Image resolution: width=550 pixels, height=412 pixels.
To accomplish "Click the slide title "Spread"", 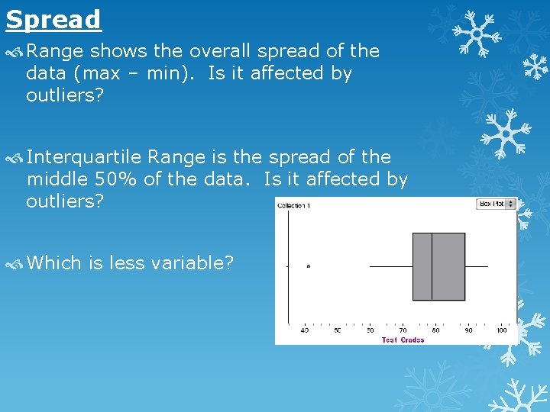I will click(53, 19).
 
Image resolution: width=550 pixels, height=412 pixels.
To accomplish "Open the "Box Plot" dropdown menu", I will click(497, 204).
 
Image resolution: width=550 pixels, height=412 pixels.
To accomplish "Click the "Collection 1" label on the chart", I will click(293, 206).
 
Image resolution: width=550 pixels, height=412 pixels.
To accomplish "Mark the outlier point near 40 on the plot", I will click(308, 266).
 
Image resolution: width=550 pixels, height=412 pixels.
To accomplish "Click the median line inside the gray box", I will click(432, 266).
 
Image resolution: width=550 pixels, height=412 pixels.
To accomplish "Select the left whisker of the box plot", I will click(390, 266).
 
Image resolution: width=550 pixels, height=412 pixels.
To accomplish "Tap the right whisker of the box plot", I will click(476, 266).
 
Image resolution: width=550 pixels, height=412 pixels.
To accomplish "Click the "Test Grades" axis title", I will click(403, 340).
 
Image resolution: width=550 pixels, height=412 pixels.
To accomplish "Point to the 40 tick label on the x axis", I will click(305, 330).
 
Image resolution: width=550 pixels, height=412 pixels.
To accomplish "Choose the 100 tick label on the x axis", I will click(501, 330).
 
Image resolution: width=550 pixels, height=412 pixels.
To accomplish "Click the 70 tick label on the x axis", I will click(403, 330).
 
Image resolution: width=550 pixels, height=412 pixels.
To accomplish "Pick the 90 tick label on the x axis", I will click(468, 330).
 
